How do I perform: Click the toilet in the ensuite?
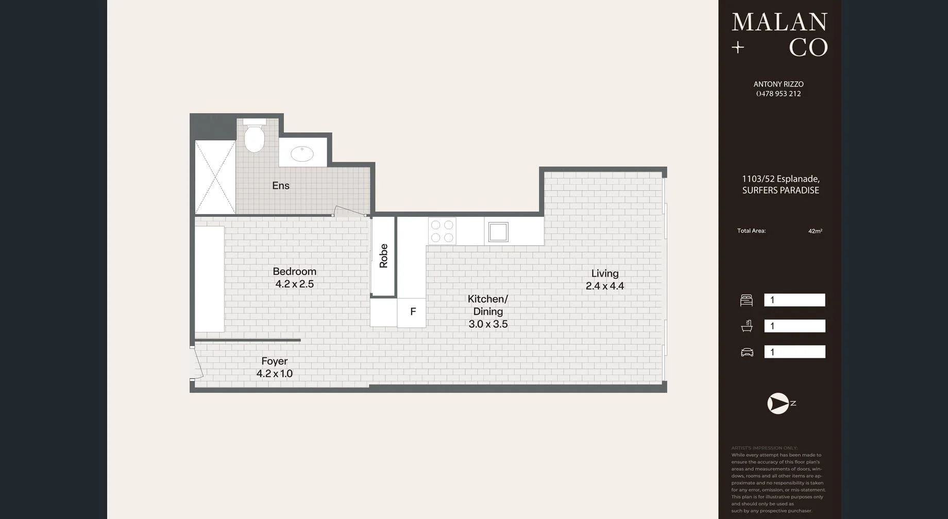coord(254,137)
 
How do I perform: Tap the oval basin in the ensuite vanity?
coord(302,153)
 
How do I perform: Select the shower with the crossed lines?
coord(215,177)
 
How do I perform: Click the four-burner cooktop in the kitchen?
coord(442,231)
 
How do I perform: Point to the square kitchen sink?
coord(498,232)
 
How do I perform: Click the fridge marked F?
coord(412,312)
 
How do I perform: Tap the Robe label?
coord(383,256)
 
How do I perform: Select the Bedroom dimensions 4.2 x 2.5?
coord(294,284)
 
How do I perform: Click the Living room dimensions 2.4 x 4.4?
coord(604,286)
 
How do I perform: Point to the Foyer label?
coord(274,361)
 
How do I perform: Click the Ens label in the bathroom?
coord(281,185)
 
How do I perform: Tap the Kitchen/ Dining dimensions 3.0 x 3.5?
coord(488,324)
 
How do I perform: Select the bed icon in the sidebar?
coord(746,300)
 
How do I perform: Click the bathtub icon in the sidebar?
coord(747,326)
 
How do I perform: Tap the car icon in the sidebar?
coord(747,352)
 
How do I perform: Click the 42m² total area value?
coord(815,231)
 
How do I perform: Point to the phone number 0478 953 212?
coord(778,94)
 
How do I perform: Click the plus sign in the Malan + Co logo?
coord(738,48)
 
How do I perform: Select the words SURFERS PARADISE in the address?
coord(781,191)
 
